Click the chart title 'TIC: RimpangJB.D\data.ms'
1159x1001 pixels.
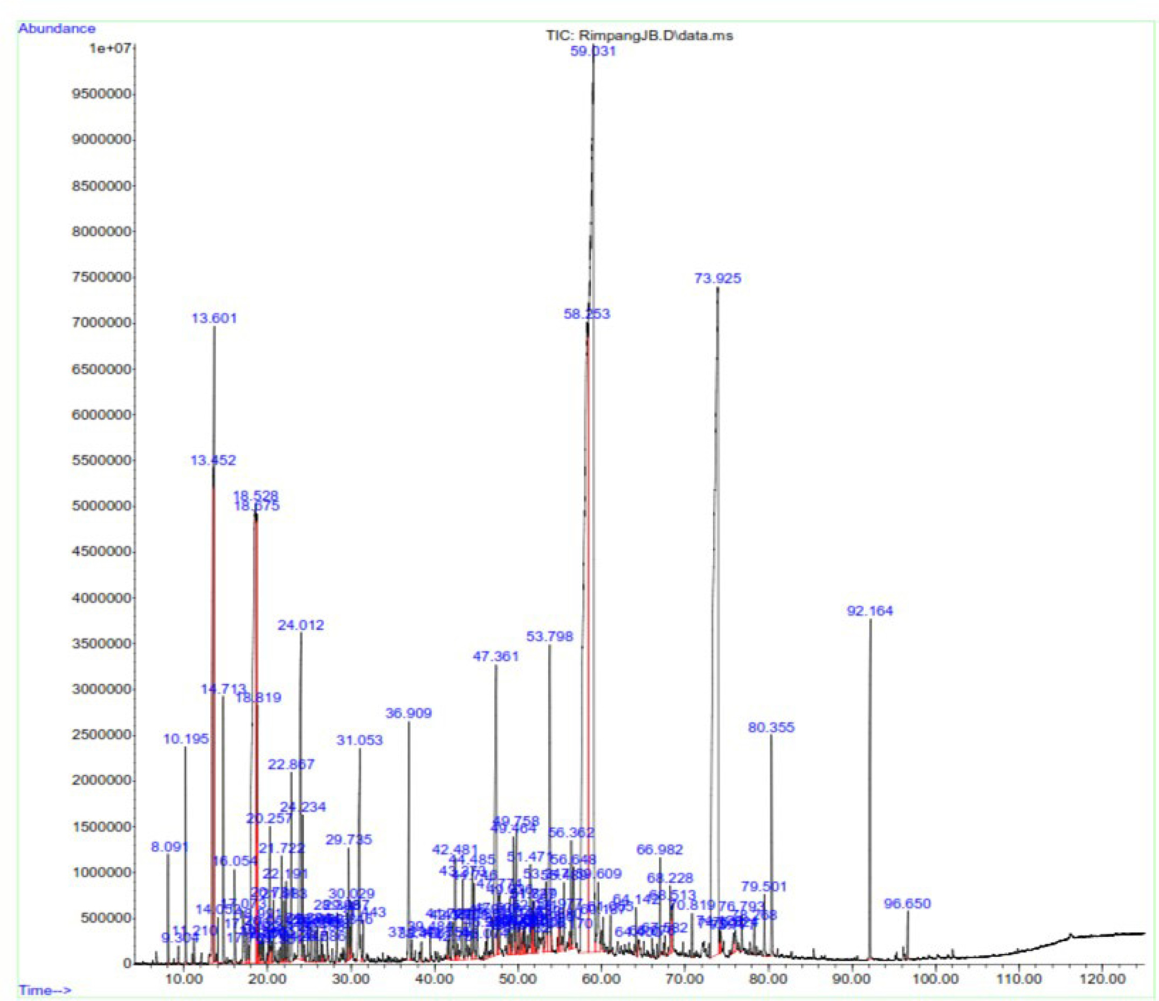click(x=639, y=35)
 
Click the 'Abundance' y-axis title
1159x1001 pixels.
click(x=57, y=29)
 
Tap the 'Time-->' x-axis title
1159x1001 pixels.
click(x=45, y=990)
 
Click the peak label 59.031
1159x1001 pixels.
click(x=593, y=51)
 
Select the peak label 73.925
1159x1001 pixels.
click(x=718, y=278)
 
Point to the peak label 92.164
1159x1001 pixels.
click(x=870, y=611)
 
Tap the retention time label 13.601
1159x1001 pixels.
click(x=214, y=318)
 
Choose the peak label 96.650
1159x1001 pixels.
click(x=907, y=903)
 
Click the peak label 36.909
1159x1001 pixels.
click(x=409, y=714)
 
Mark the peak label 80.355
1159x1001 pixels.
click(x=771, y=728)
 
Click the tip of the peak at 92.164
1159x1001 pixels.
click(x=871, y=620)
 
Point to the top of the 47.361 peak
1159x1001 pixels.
click(x=495, y=666)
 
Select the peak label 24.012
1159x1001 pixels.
click(x=301, y=625)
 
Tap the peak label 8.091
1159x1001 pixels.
click(x=170, y=847)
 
